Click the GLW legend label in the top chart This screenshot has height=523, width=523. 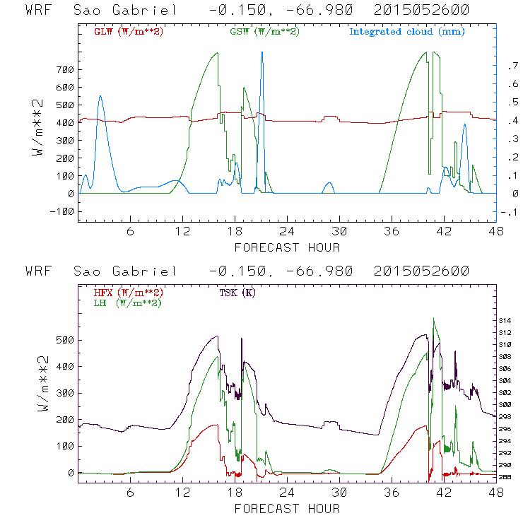129,32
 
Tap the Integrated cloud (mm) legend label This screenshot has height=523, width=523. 407,32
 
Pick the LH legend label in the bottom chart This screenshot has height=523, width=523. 127,302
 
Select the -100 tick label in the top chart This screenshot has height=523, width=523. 61,211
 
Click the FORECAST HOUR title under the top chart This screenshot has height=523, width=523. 287,247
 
